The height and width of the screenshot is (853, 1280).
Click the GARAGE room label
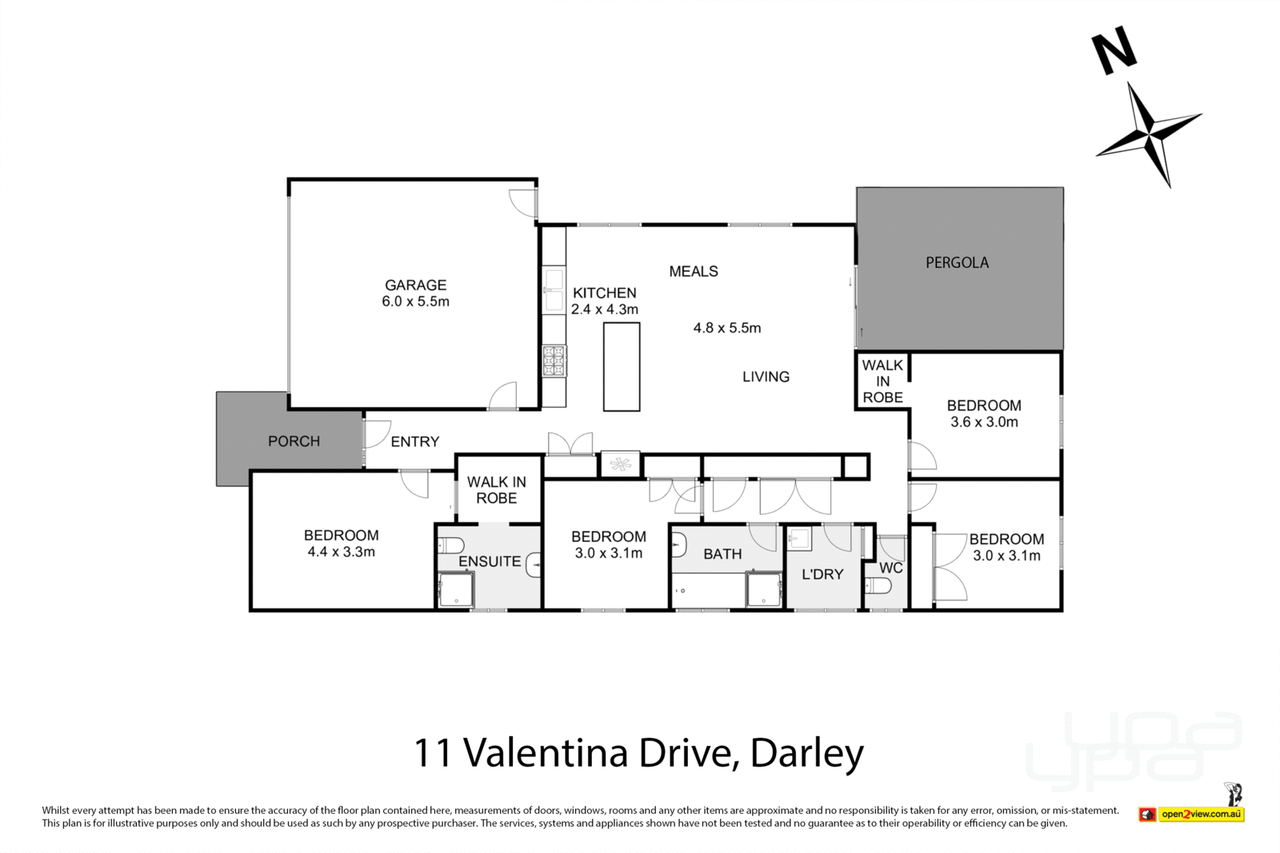click(415, 285)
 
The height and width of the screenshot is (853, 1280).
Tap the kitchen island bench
click(622, 366)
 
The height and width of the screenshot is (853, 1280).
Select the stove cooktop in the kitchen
click(554, 361)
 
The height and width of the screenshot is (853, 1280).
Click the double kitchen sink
click(554, 290)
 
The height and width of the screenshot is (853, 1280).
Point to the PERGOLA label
click(957, 262)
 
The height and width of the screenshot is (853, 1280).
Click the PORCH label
click(294, 441)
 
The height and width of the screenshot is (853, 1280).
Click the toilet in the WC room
click(878, 586)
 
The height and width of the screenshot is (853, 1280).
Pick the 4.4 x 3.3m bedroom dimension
click(341, 552)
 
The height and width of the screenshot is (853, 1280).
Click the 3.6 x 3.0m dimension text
click(984, 422)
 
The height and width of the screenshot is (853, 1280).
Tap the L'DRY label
click(822, 574)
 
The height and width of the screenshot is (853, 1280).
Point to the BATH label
click(722, 554)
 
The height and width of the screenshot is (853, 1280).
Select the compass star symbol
click(1150, 134)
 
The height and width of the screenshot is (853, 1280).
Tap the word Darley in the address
click(807, 753)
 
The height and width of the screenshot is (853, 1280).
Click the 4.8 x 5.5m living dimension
click(726, 328)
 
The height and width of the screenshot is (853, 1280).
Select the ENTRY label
click(414, 441)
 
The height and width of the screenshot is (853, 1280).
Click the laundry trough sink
click(800, 540)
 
